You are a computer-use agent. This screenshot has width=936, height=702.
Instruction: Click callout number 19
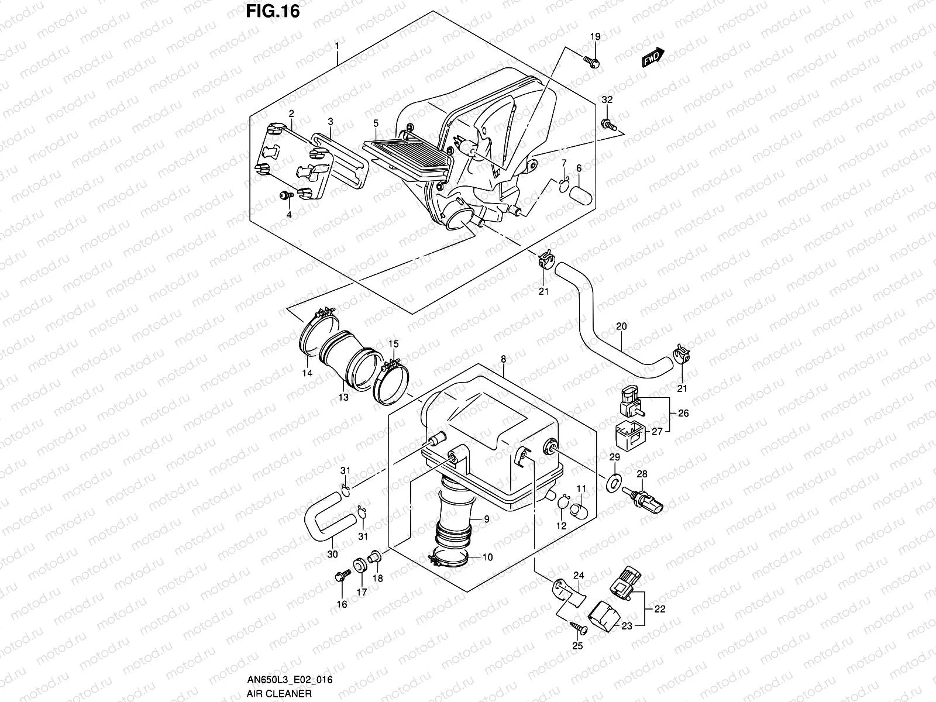pos(595,37)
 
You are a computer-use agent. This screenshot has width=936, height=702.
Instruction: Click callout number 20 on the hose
pos(621,326)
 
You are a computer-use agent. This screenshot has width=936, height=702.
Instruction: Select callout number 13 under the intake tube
pos(343,397)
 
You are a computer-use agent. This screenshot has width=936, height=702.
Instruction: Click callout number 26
pos(683,413)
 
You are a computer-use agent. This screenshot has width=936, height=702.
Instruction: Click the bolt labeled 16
pos(340,577)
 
